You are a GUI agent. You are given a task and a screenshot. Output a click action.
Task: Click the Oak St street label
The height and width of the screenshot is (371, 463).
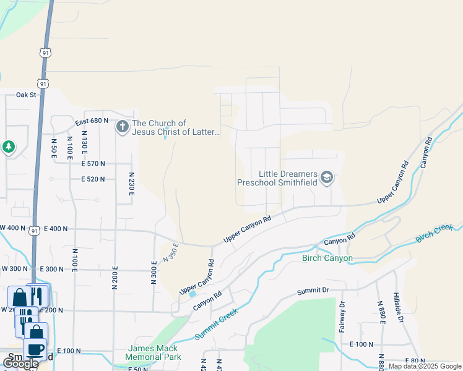[27, 95]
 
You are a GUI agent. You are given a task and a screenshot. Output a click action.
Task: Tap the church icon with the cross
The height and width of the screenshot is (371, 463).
[122, 127]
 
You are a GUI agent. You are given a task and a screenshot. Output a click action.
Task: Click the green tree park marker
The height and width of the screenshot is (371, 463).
[8, 147]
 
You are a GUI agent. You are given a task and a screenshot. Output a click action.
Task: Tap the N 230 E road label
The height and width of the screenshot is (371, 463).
[131, 184]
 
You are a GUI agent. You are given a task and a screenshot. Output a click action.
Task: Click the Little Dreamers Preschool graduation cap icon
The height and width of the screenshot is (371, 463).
[327, 179]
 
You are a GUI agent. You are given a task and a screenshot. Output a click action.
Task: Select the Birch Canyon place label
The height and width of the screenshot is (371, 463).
[327, 258]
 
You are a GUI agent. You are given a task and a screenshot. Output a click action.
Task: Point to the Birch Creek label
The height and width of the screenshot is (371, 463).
[435, 234]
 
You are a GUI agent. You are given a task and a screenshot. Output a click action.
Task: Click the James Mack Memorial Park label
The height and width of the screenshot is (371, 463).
[152, 352]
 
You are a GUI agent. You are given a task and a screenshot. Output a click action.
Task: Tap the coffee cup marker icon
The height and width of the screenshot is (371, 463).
[35, 349]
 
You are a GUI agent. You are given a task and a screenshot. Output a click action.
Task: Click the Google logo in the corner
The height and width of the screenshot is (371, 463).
[20, 364]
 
